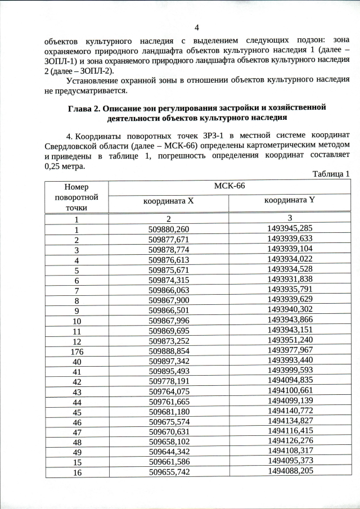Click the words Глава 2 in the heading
[x=85, y=107]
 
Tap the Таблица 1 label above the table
[x=331, y=174]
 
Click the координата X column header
[x=168, y=200]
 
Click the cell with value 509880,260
[x=169, y=229]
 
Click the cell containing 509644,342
[x=169, y=450]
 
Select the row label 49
[x=75, y=451]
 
